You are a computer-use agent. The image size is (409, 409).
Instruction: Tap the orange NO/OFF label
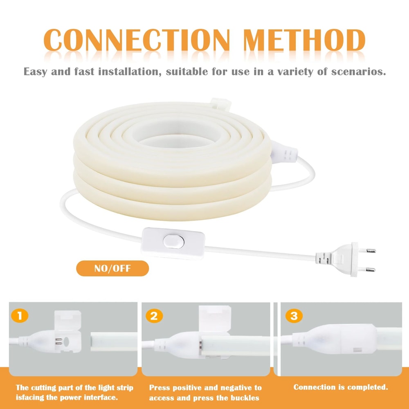112,268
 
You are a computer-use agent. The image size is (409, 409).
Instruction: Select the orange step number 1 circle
20,316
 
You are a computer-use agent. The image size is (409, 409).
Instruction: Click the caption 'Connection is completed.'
341,387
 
